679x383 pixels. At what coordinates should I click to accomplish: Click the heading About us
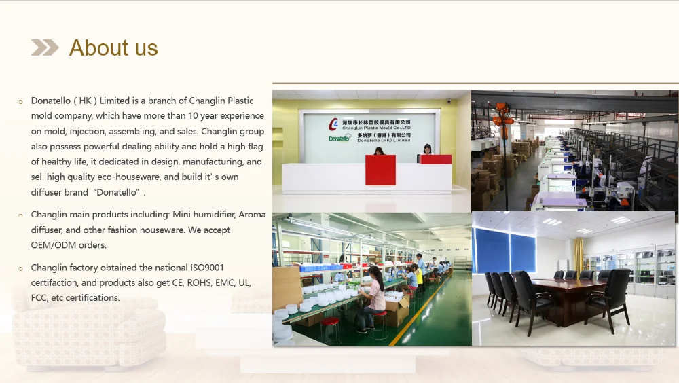pyautogui.click(x=113, y=48)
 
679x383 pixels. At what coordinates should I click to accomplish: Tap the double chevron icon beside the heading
pyautogui.click(x=45, y=48)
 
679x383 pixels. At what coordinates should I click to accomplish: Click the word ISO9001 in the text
pyautogui.click(x=207, y=268)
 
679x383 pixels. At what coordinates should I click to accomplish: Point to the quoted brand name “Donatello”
pyautogui.click(x=117, y=192)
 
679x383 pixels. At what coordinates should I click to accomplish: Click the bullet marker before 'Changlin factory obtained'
pyautogui.click(x=20, y=269)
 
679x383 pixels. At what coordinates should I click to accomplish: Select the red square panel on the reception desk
pyautogui.click(x=380, y=170)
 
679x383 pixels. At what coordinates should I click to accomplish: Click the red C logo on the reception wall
pyautogui.click(x=333, y=124)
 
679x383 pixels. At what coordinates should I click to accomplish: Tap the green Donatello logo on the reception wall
pyautogui.click(x=339, y=139)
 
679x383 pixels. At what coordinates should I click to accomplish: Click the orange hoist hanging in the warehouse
pyautogui.click(x=502, y=115)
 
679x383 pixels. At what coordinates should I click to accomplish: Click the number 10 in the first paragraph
pyautogui.click(x=193, y=115)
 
